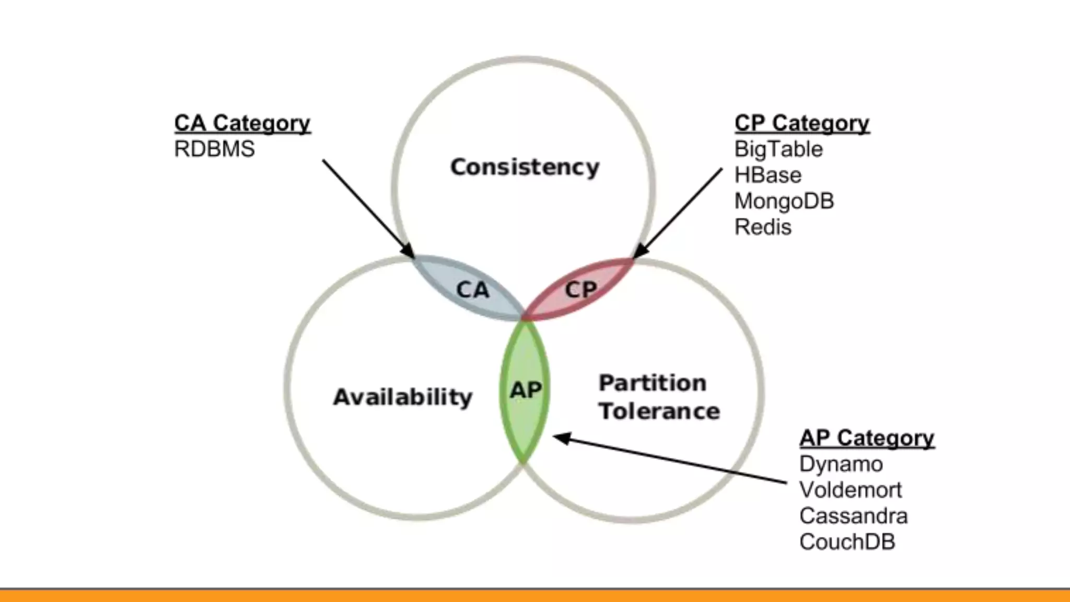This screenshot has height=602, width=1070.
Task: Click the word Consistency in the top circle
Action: point(525,167)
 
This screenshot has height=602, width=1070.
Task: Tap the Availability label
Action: point(402,397)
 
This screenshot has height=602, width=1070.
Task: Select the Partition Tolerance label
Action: point(658,397)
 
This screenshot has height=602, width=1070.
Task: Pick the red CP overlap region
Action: point(580,289)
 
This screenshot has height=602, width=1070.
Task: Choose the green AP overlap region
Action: point(525,390)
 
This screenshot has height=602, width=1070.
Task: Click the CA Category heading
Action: point(242,123)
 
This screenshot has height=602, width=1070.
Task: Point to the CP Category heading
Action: point(801,123)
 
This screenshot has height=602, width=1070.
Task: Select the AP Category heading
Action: point(866,438)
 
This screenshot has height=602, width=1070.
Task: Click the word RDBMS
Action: point(214,149)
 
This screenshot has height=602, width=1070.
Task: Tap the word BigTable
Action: point(778,149)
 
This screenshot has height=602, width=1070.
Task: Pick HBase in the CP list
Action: point(767,175)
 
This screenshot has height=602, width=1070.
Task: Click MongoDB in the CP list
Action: point(784,201)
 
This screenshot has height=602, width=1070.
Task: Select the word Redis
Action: point(763,227)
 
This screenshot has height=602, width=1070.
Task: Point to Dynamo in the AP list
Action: point(841,464)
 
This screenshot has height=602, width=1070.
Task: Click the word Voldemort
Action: point(850,490)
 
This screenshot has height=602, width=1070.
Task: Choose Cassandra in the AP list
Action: point(853,516)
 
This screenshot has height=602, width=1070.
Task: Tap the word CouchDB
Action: point(847,542)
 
